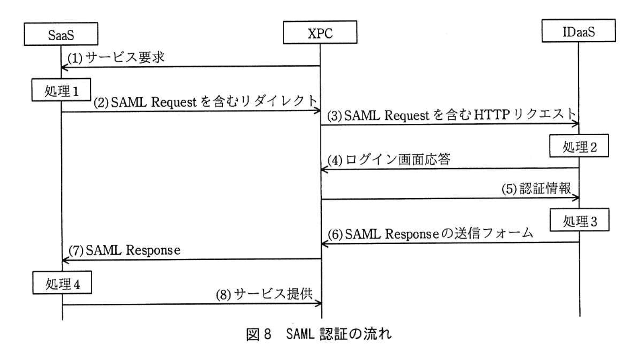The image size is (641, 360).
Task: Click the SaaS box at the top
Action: [x=61, y=34]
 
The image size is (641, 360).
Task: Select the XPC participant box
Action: [x=320, y=32]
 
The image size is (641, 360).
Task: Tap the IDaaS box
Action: [x=578, y=31]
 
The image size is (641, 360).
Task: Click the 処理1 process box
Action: [x=61, y=90]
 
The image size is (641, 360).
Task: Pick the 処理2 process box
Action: [x=579, y=146]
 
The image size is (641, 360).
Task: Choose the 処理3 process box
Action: [x=579, y=220]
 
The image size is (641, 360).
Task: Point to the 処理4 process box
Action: [x=62, y=283]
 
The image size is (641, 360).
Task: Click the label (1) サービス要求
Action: [x=116, y=57]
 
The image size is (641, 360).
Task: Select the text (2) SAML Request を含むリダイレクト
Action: [x=205, y=102]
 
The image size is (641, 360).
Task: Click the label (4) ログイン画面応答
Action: [x=388, y=159]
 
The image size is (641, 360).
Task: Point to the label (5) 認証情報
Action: [x=536, y=188]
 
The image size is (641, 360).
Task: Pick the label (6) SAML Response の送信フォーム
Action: [x=430, y=233]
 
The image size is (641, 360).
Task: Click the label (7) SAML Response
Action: [x=125, y=250]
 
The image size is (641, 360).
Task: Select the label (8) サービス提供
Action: [x=264, y=294]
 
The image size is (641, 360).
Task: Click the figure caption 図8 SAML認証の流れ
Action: [x=319, y=334]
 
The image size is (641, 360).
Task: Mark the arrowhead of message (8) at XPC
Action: [x=319, y=303]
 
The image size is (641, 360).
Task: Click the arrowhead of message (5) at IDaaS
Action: [x=577, y=198]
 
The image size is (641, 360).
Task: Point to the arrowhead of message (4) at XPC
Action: [x=323, y=170]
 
